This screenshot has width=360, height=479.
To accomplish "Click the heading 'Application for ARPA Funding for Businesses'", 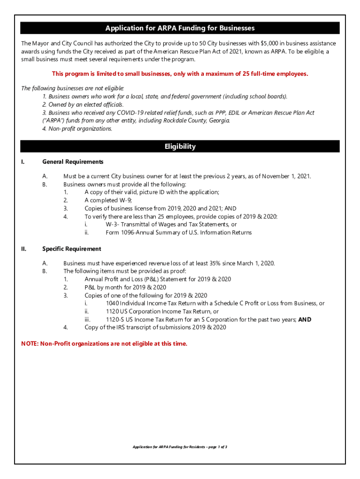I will [x=180, y=29].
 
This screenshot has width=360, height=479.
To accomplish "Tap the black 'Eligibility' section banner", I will [x=180, y=146].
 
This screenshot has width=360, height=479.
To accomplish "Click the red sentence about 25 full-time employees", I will [x=180, y=74].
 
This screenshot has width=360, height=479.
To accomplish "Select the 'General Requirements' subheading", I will [x=72, y=162].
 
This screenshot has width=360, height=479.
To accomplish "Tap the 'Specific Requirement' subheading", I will [x=72, y=249].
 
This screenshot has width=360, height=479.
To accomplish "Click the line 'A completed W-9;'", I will [x=108, y=200].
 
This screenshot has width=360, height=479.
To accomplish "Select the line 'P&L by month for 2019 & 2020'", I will [x=125, y=287].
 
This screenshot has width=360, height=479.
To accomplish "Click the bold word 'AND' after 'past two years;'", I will [x=304, y=319].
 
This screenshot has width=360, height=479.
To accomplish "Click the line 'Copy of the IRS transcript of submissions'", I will [x=155, y=327].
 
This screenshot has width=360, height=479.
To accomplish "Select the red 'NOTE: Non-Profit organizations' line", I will [x=104, y=344].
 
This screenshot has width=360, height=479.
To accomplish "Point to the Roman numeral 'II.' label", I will [x=24, y=249].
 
